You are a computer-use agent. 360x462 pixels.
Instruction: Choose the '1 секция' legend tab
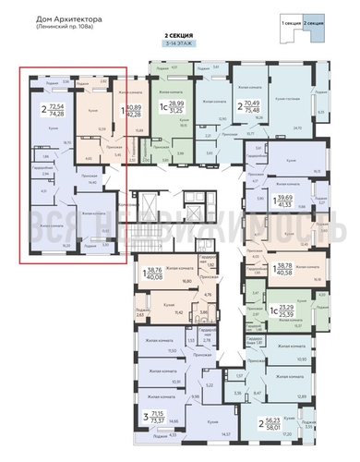tap(293, 19)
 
